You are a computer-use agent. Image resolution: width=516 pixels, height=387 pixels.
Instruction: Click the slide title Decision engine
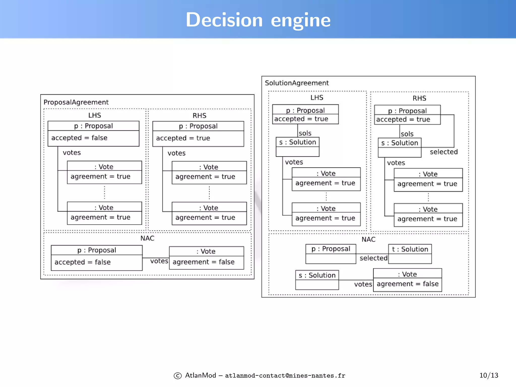[x=258, y=20]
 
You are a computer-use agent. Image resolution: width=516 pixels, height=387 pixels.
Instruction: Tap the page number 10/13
[x=489, y=375]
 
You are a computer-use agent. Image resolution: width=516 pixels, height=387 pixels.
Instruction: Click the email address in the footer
[x=285, y=376]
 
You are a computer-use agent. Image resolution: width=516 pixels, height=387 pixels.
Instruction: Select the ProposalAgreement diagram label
[x=76, y=102]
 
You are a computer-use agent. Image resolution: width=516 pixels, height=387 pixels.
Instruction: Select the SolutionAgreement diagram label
[x=297, y=83]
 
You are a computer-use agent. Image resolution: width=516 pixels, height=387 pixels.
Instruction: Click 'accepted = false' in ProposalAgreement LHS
[x=79, y=138]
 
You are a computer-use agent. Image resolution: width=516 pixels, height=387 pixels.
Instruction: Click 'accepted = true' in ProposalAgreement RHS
[x=183, y=138]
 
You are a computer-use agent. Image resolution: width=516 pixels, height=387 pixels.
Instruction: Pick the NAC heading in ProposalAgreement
[x=147, y=238]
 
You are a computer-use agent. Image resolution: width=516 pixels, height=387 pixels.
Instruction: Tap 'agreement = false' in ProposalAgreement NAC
[x=204, y=262]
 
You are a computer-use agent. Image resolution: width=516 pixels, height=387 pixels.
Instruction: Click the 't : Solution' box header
[x=410, y=249]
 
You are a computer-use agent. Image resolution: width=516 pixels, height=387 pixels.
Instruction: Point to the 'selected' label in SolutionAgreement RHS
[x=443, y=152]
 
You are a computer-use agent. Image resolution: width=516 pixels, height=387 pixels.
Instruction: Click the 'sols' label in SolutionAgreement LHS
[x=305, y=133]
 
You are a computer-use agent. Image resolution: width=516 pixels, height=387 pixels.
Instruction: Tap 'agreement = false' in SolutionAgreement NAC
[x=407, y=284]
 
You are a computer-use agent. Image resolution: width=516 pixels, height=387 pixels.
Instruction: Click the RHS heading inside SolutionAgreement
[x=419, y=98]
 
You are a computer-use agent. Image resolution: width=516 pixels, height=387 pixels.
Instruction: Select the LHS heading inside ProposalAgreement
[x=94, y=115]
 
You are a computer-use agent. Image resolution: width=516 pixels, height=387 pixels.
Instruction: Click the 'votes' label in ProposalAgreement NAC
[x=159, y=261]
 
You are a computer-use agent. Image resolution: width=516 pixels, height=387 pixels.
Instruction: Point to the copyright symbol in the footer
[x=178, y=376]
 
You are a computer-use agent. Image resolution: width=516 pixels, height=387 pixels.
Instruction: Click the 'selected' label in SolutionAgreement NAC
[x=373, y=258]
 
